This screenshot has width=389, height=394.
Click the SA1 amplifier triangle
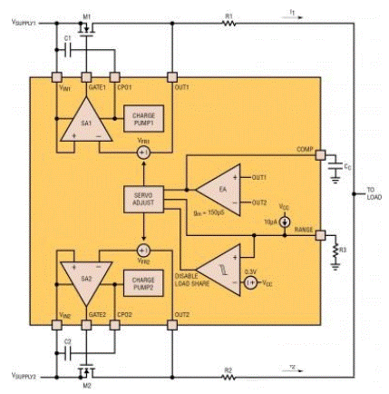click(x=84, y=125)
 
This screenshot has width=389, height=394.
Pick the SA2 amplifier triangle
click(x=84, y=272)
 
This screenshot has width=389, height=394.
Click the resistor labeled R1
click(x=229, y=25)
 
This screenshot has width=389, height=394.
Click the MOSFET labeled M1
click(x=88, y=28)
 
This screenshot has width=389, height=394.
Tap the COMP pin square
click(x=319, y=155)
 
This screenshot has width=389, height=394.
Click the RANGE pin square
click(x=319, y=231)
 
